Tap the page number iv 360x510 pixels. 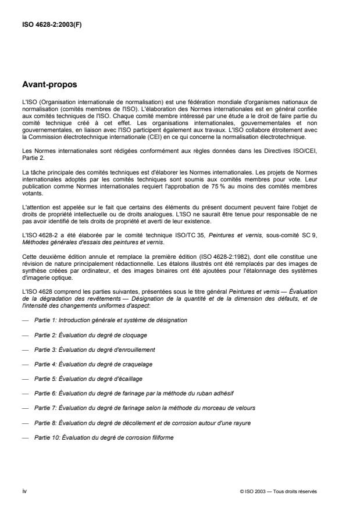24,491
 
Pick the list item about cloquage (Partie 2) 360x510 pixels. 92,335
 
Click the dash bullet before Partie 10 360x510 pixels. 25,437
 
